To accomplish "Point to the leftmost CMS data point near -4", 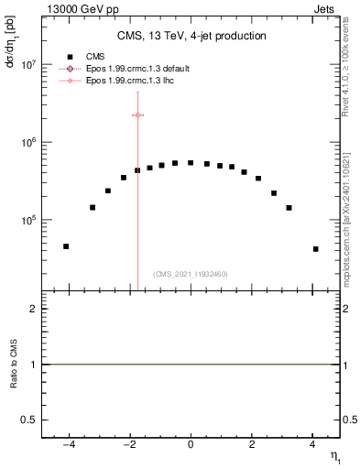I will click(x=66, y=246).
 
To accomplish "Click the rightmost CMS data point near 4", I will click(x=315, y=249).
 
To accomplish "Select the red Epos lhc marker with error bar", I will click(x=137, y=115).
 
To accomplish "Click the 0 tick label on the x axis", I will click(x=191, y=446).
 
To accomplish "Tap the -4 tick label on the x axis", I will click(x=67, y=446).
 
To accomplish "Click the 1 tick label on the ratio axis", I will click(x=34, y=365).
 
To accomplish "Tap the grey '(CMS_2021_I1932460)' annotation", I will click(x=191, y=275).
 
